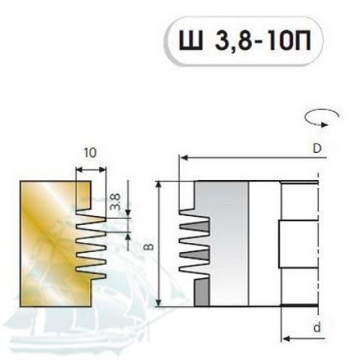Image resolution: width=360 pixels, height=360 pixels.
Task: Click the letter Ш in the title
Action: tap(191, 40)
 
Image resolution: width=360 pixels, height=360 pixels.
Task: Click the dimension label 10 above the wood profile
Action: tap(90, 152)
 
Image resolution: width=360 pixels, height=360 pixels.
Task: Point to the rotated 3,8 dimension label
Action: tap(115, 202)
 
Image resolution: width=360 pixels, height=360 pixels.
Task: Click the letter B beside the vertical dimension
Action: tap(149, 247)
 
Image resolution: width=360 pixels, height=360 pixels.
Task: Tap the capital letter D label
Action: tap(317, 149)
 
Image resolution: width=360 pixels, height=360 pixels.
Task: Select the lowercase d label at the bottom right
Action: tap(317, 328)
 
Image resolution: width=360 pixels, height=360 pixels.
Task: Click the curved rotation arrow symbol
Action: tap(322, 118)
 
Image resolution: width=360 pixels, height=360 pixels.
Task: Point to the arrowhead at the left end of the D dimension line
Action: tap(184, 158)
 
